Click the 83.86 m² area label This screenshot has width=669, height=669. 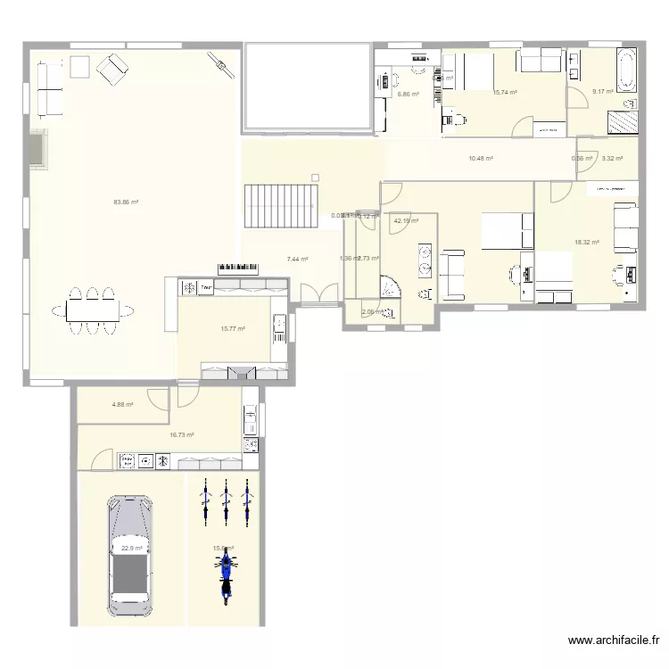coord(126,202)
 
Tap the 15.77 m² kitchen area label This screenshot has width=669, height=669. coord(232,328)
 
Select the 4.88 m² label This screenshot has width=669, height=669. coord(122,404)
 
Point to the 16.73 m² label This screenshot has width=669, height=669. coord(182,435)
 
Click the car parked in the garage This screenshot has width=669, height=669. coord(130,556)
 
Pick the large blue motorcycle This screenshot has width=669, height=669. coord(226,574)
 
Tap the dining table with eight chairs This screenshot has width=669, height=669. coord(93,310)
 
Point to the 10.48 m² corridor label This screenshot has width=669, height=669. coord(481,159)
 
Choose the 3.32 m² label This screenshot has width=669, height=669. coord(612,159)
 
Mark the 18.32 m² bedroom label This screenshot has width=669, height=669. coord(586,242)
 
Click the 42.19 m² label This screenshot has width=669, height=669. coord(406,221)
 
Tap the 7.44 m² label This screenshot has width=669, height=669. coord(297,260)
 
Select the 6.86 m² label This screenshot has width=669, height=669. coord(408,94)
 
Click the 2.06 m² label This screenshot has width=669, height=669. coord(372,312)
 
